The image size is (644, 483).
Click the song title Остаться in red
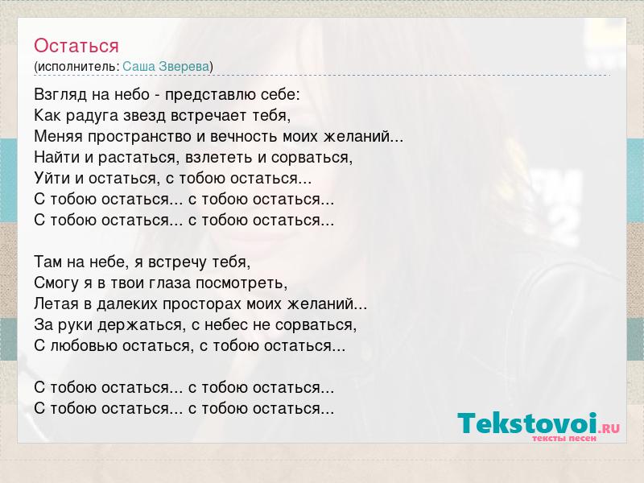tap(76, 46)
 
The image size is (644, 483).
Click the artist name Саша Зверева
tap(166, 67)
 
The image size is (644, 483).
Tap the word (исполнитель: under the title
tap(76, 67)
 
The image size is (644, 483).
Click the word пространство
tap(139, 137)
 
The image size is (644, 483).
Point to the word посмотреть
tap(242, 283)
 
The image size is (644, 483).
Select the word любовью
tap(85, 346)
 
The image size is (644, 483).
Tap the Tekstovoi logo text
tap(528, 423)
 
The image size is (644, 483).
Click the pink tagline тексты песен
tap(564, 438)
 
